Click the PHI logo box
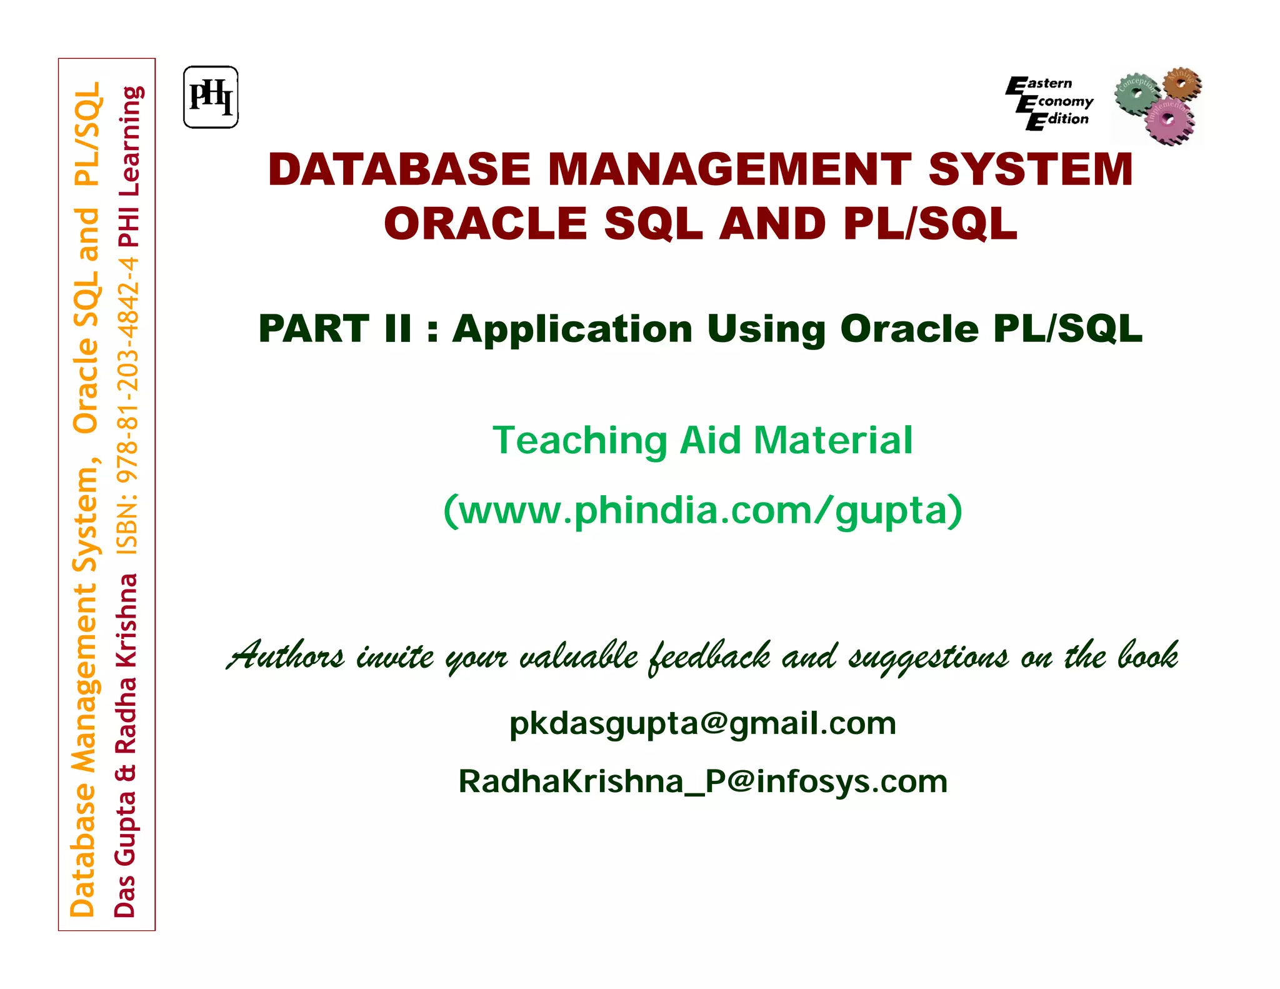(211, 98)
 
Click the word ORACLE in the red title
(485, 224)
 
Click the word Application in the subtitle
(571, 329)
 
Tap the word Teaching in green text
(580, 440)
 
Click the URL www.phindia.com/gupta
(702, 510)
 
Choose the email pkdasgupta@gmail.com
(702, 724)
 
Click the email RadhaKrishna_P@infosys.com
(702, 781)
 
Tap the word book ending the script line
(1147, 655)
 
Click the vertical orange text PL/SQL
(87, 134)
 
